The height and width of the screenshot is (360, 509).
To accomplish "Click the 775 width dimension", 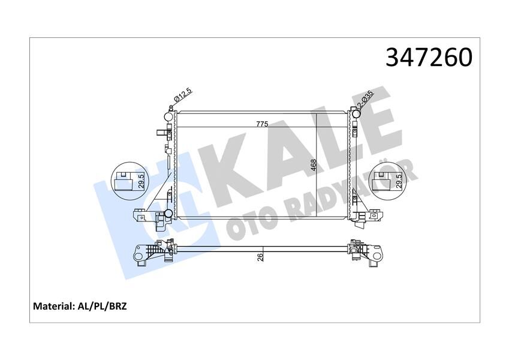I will point(262,124).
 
